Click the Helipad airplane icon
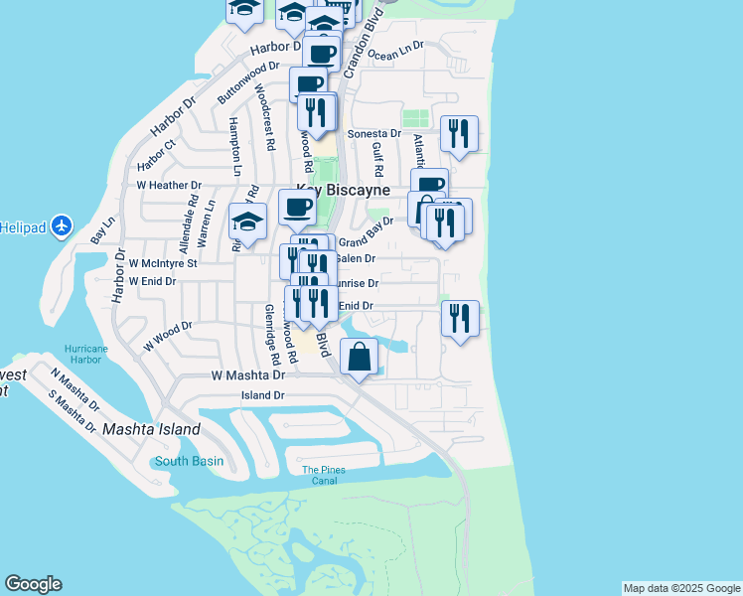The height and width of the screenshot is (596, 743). (62, 225)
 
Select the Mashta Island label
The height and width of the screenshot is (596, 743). (152, 430)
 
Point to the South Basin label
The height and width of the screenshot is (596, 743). (189, 461)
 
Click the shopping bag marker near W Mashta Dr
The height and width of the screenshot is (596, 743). (360, 357)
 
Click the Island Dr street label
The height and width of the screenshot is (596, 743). (263, 395)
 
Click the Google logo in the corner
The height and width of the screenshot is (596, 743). (33, 584)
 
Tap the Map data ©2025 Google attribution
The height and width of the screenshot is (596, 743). (681, 588)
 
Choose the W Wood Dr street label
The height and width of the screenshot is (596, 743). (167, 334)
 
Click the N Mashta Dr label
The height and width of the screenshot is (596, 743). (75, 389)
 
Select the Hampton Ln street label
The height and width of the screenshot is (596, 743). (234, 146)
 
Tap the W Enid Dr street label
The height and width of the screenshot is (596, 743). (152, 281)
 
